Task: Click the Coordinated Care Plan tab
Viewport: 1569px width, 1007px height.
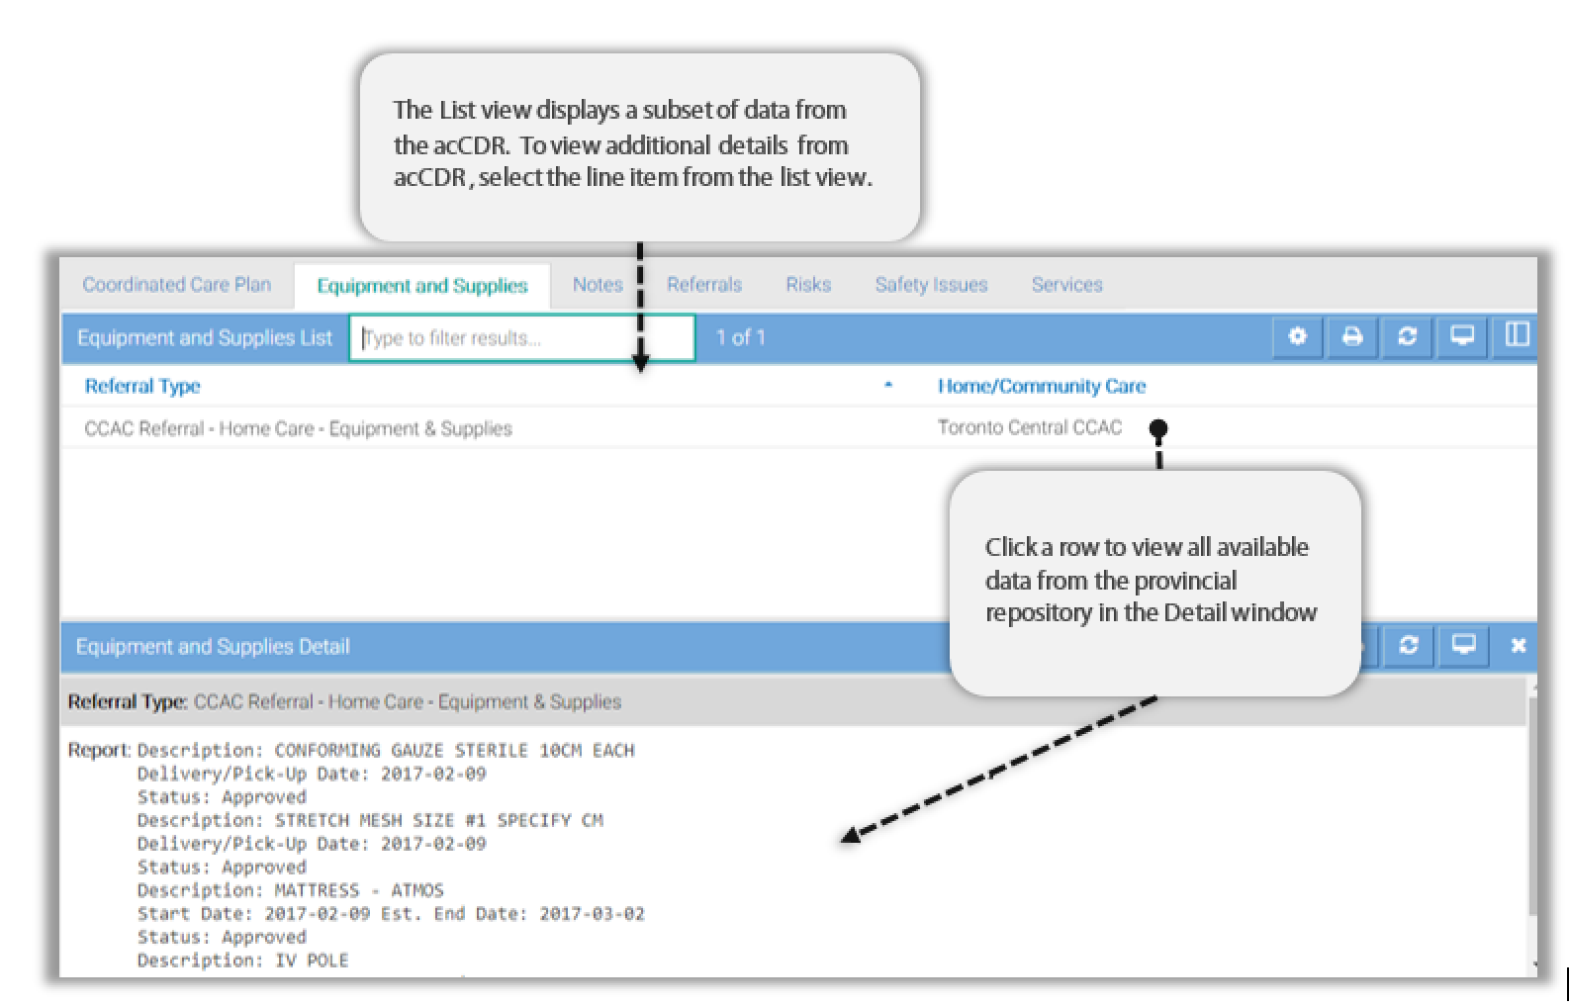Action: tap(176, 284)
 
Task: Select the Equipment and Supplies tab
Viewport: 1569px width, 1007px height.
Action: tap(422, 286)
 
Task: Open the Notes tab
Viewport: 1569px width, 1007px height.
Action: tap(598, 284)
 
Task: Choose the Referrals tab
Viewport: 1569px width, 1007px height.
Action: tap(704, 284)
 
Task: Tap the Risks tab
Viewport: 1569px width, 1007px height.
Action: tap(808, 284)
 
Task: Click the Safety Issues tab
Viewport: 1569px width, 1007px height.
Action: tap(931, 284)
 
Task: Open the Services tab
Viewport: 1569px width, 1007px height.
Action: tap(1066, 284)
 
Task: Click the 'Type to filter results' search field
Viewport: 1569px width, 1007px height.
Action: tap(521, 337)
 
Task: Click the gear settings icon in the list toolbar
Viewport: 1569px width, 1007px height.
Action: tap(1297, 337)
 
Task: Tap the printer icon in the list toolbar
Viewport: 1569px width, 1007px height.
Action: tap(1352, 337)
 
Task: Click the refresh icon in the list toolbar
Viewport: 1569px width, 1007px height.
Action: tap(1407, 337)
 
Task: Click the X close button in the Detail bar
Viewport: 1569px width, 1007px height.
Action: tap(1518, 646)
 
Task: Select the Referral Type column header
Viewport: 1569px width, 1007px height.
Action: tap(142, 387)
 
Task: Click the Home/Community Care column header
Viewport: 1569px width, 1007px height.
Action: tap(1042, 386)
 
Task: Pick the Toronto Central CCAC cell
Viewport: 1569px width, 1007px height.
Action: tap(1030, 427)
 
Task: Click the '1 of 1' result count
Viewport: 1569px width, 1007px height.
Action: tap(740, 337)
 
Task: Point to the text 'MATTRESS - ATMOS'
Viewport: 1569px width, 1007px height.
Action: tap(359, 890)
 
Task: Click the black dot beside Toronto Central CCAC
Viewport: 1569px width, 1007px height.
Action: tap(1158, 428)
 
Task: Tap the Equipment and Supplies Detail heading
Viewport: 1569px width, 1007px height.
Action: tap(213, 646)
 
